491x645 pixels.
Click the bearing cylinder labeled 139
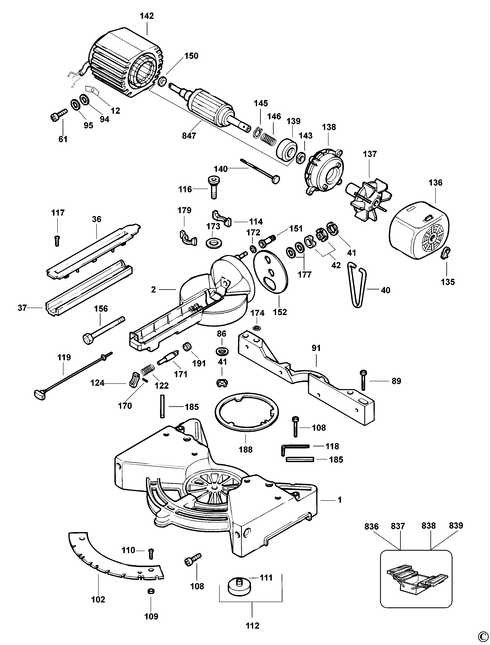287,149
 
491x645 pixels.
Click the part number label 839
456,526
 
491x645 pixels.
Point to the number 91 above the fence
316,348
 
